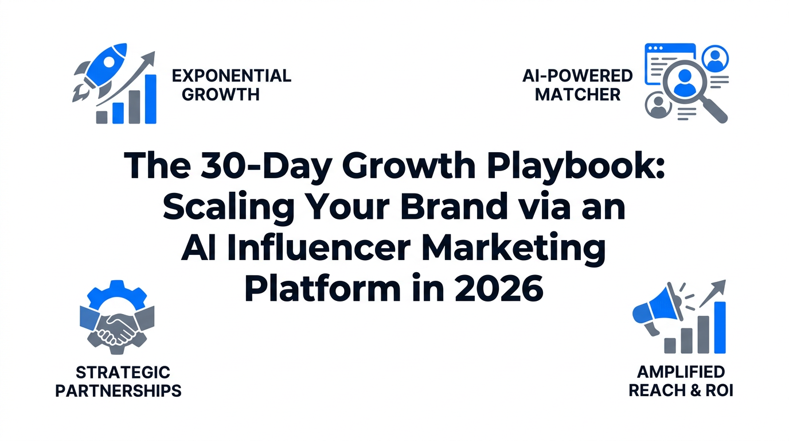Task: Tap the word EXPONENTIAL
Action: [231, 76]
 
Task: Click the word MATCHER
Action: [577, 94]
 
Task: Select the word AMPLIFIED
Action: [681, 372]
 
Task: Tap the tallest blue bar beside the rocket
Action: [150, 98]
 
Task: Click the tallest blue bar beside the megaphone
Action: [720, 327]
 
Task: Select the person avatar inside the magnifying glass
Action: [683, 82]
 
